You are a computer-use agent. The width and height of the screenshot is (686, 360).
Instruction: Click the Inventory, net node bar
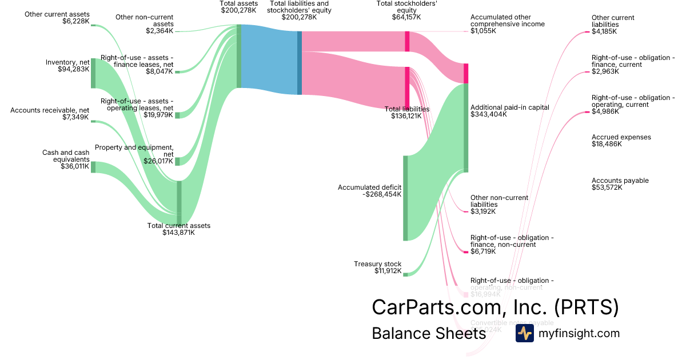[x=93, y=73]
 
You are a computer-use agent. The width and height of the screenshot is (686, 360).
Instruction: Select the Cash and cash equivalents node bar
[x=93, y=167]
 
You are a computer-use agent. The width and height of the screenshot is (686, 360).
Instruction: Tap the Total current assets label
[x=179, y=226]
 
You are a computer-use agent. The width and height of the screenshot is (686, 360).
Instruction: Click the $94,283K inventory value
[x=74, y=69]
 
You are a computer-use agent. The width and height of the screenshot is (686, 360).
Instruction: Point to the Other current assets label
[x=57, y=14]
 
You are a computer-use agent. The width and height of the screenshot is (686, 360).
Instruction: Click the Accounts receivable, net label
[x=50, y=110]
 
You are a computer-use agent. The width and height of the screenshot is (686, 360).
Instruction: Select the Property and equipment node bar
[x=177, y=161]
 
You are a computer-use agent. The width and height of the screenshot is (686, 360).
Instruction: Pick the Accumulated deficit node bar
[x=405, y=197]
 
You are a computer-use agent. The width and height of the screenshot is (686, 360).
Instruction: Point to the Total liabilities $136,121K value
[x=406, y=116]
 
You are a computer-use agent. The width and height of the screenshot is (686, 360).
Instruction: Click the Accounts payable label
[x=620, y=181]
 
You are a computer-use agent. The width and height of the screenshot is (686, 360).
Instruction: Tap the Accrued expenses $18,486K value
[x=607, y=144]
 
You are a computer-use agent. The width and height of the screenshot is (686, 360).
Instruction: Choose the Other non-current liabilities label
[x=499, y=201]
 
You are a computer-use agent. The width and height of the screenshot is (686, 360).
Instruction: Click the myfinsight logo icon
[x=524, y=333]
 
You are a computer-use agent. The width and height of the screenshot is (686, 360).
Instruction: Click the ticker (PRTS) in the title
[x=587, y=307]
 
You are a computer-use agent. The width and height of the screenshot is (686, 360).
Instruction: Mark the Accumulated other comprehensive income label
[x=507, y=21]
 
